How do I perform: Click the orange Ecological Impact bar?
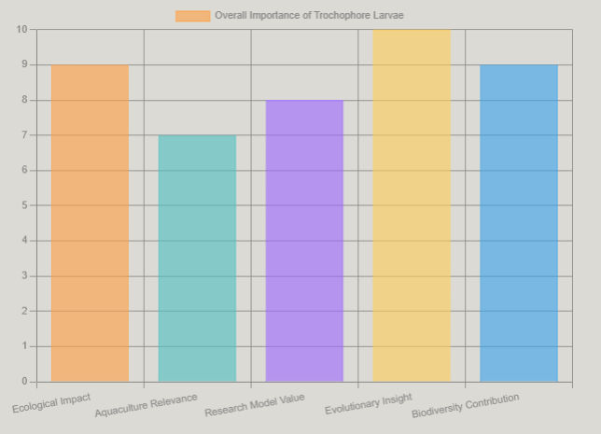(90, 223)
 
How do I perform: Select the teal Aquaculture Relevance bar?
(197, 259)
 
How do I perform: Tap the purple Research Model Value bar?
(304, 241)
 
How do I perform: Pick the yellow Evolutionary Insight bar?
(412, 205)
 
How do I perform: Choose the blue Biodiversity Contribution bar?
(518, 223)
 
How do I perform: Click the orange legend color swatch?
(192, 16)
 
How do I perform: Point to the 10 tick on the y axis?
(22, 30)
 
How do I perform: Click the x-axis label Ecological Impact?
(52, 402)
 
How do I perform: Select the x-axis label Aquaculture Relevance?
(147, 406)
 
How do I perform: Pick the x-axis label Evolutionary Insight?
(369, 403)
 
